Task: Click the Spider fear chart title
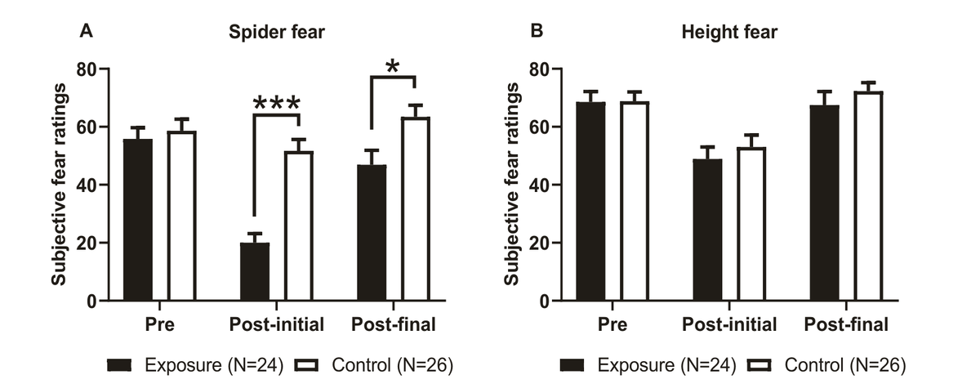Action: pos(277,32)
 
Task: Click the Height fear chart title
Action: pos(729,32)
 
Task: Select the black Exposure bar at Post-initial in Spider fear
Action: pos(255,271)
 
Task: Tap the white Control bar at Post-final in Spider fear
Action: pos(416,209)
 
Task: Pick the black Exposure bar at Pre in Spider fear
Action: pos(138,220)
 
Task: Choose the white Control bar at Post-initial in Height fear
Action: pos(751,224)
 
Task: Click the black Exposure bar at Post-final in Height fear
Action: pos(824,203)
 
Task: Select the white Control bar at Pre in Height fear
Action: pos(635,202)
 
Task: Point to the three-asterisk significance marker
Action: pos(277,103)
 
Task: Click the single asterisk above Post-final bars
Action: pos(393,66)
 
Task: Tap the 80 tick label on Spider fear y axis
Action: pos(87,69)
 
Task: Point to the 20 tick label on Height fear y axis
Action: pos(539,243)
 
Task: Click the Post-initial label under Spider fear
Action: pos(277,324)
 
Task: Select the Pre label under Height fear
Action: pos(612,324)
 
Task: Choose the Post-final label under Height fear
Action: pos(846,324)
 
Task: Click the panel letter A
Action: pos(87,31)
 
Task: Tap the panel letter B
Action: pos(537,31)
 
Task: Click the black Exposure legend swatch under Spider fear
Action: pos(119,365)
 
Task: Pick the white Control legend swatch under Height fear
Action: pos(759,365)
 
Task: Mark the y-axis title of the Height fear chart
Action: pos(511,184)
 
